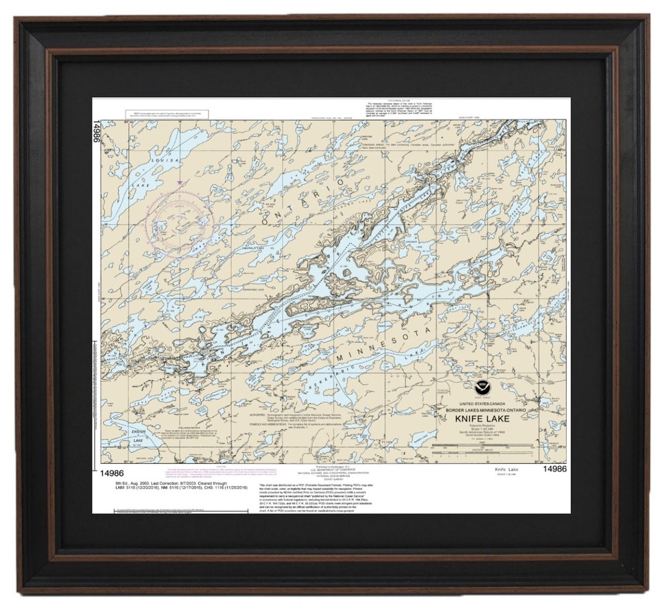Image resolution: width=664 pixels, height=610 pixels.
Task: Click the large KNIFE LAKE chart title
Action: click(x=482, y=419)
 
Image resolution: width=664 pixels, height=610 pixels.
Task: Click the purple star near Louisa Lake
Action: click(x=180, y=182)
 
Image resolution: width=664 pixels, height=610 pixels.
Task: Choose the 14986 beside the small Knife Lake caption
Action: click(x=555, y=469)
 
